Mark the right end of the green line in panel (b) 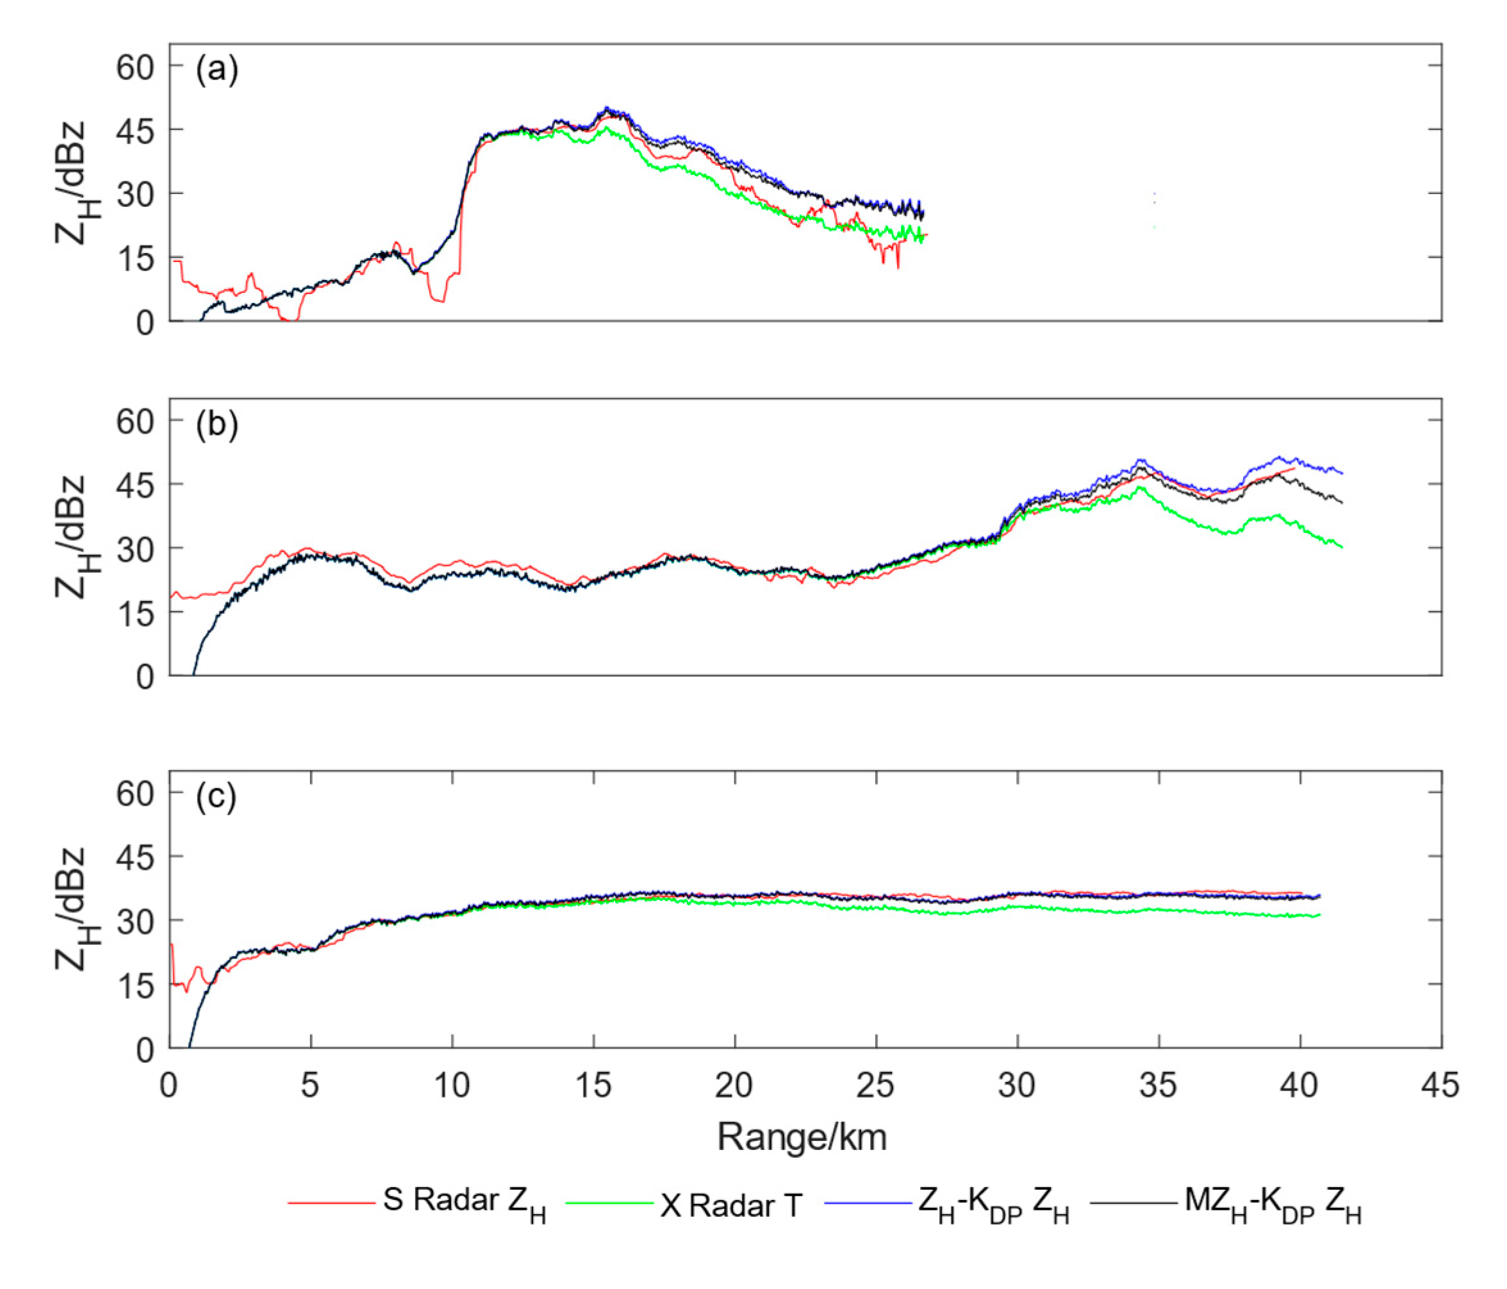coord(1341,547)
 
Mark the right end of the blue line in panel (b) coord(1342,473)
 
